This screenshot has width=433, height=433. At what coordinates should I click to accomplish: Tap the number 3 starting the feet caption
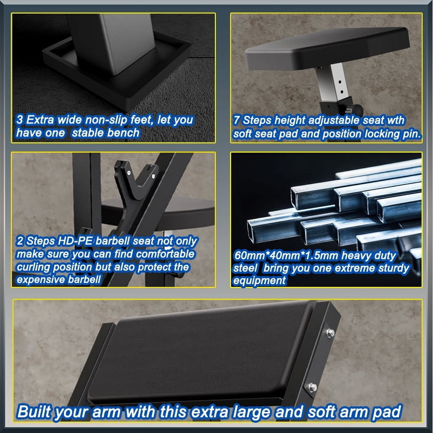(19, 120)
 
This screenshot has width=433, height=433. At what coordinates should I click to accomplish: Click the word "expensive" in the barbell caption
(41, 280)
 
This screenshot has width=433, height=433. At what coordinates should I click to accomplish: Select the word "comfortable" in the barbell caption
(165, 254)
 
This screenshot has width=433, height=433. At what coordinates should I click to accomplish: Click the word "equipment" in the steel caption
(259, 281)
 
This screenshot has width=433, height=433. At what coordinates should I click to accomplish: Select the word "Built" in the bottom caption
(34, 412)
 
